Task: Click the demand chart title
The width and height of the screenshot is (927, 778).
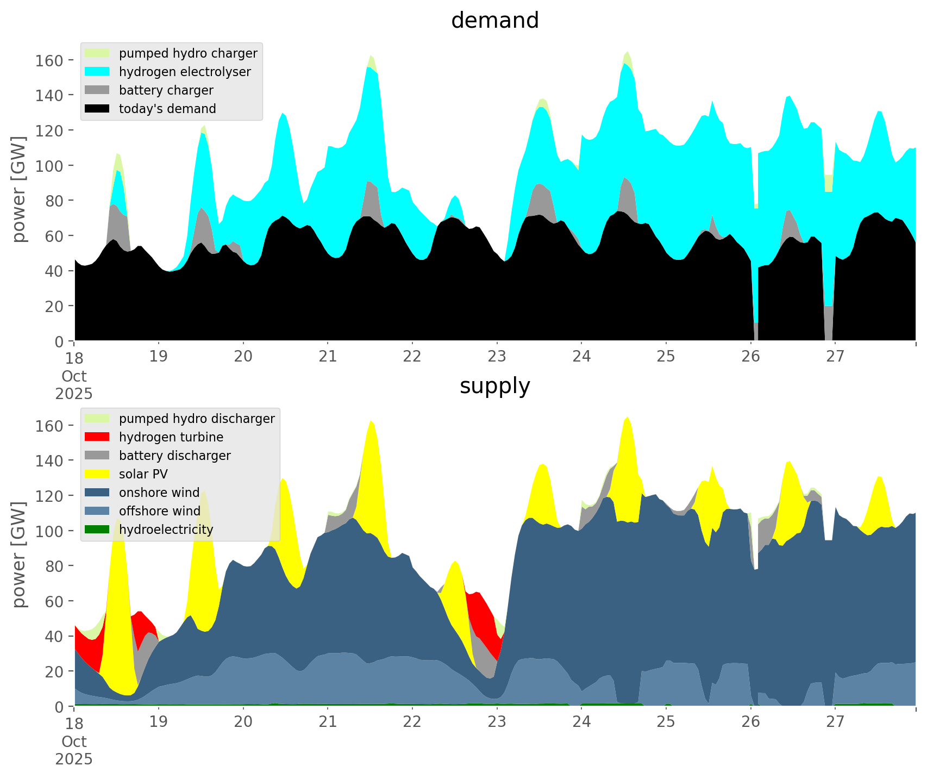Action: click(494, 21)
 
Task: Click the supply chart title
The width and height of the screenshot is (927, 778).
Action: click(494, 386)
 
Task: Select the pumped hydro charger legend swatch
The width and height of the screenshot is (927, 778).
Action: click(97, 53)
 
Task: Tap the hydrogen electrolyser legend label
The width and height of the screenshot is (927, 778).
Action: click(185, 72)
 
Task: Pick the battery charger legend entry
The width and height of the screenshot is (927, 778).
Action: click(166, 90)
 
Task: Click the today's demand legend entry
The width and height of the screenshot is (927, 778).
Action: click(167, 109)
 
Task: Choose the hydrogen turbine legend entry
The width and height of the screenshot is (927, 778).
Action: click(171, 437)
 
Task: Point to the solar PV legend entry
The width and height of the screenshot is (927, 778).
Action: click(143, 474)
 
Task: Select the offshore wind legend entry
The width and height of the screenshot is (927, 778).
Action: click(159, 511)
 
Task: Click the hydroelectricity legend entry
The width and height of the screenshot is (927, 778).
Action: click(166, 530)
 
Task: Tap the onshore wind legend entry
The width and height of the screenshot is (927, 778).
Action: click(159, 493)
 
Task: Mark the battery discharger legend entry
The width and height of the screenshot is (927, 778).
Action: click(174, 456)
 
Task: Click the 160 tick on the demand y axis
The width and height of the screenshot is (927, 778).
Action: click(49, 60)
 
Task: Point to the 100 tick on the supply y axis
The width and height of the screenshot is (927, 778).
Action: click(49, 531)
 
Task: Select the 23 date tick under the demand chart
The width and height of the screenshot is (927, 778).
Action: click(497, 357)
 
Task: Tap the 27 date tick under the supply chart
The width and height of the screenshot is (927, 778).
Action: click(835, 722)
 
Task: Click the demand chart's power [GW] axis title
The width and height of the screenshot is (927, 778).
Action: click(19, 189)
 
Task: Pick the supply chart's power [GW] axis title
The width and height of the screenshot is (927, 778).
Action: click(19, 555)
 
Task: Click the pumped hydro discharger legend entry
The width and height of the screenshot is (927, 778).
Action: click(197, 419)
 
